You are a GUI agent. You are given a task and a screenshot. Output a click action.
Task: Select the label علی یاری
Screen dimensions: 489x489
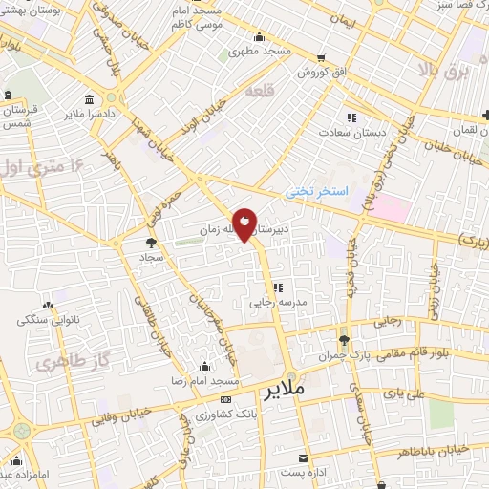pos(402,391)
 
